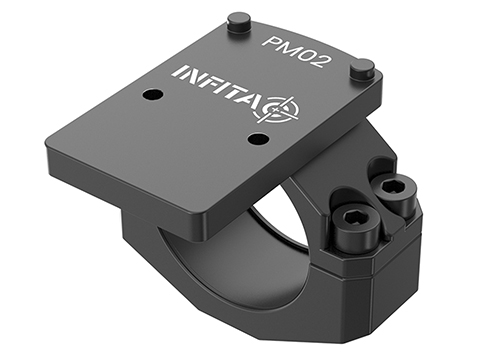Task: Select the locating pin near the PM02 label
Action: tap(239, 22)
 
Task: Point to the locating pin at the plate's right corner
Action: tap(362, 69)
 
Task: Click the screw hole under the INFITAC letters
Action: tap(152, 95)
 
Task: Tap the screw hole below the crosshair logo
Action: tap(259, 138)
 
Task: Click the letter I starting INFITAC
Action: tap(176, 72)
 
